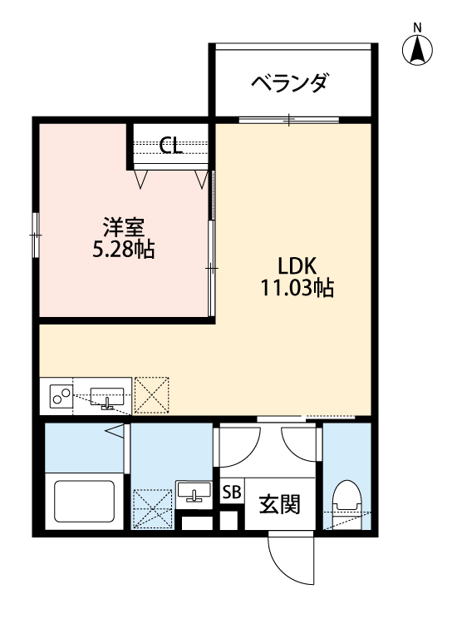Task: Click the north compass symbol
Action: click(417, 51)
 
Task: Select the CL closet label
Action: click(172, 146)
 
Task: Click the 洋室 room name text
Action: click(125, 226)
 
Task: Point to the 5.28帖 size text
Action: click(125, 249)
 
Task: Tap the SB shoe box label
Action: click(231, 492)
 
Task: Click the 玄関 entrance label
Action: click(278, 503)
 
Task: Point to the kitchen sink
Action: click(106, 397)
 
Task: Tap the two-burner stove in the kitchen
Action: click(61, 397)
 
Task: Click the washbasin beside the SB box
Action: click(196, 493)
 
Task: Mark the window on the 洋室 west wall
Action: click(36, 235)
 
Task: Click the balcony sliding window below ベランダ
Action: click(289, 120)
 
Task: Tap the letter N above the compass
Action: click(417, 27)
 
